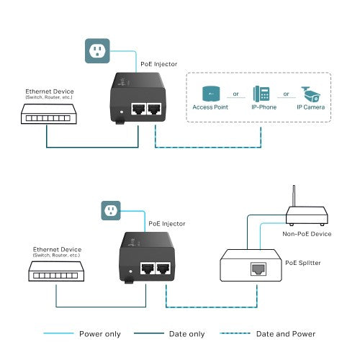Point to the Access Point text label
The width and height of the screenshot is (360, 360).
[x=210, y=108]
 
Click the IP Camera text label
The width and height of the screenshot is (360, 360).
[x=310, y=108]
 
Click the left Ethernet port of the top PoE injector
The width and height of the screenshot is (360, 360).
[x=138, y=108]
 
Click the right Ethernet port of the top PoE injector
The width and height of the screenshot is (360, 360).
[x=153, y=108]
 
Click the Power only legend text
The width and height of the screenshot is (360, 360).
[x=100, y=333]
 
